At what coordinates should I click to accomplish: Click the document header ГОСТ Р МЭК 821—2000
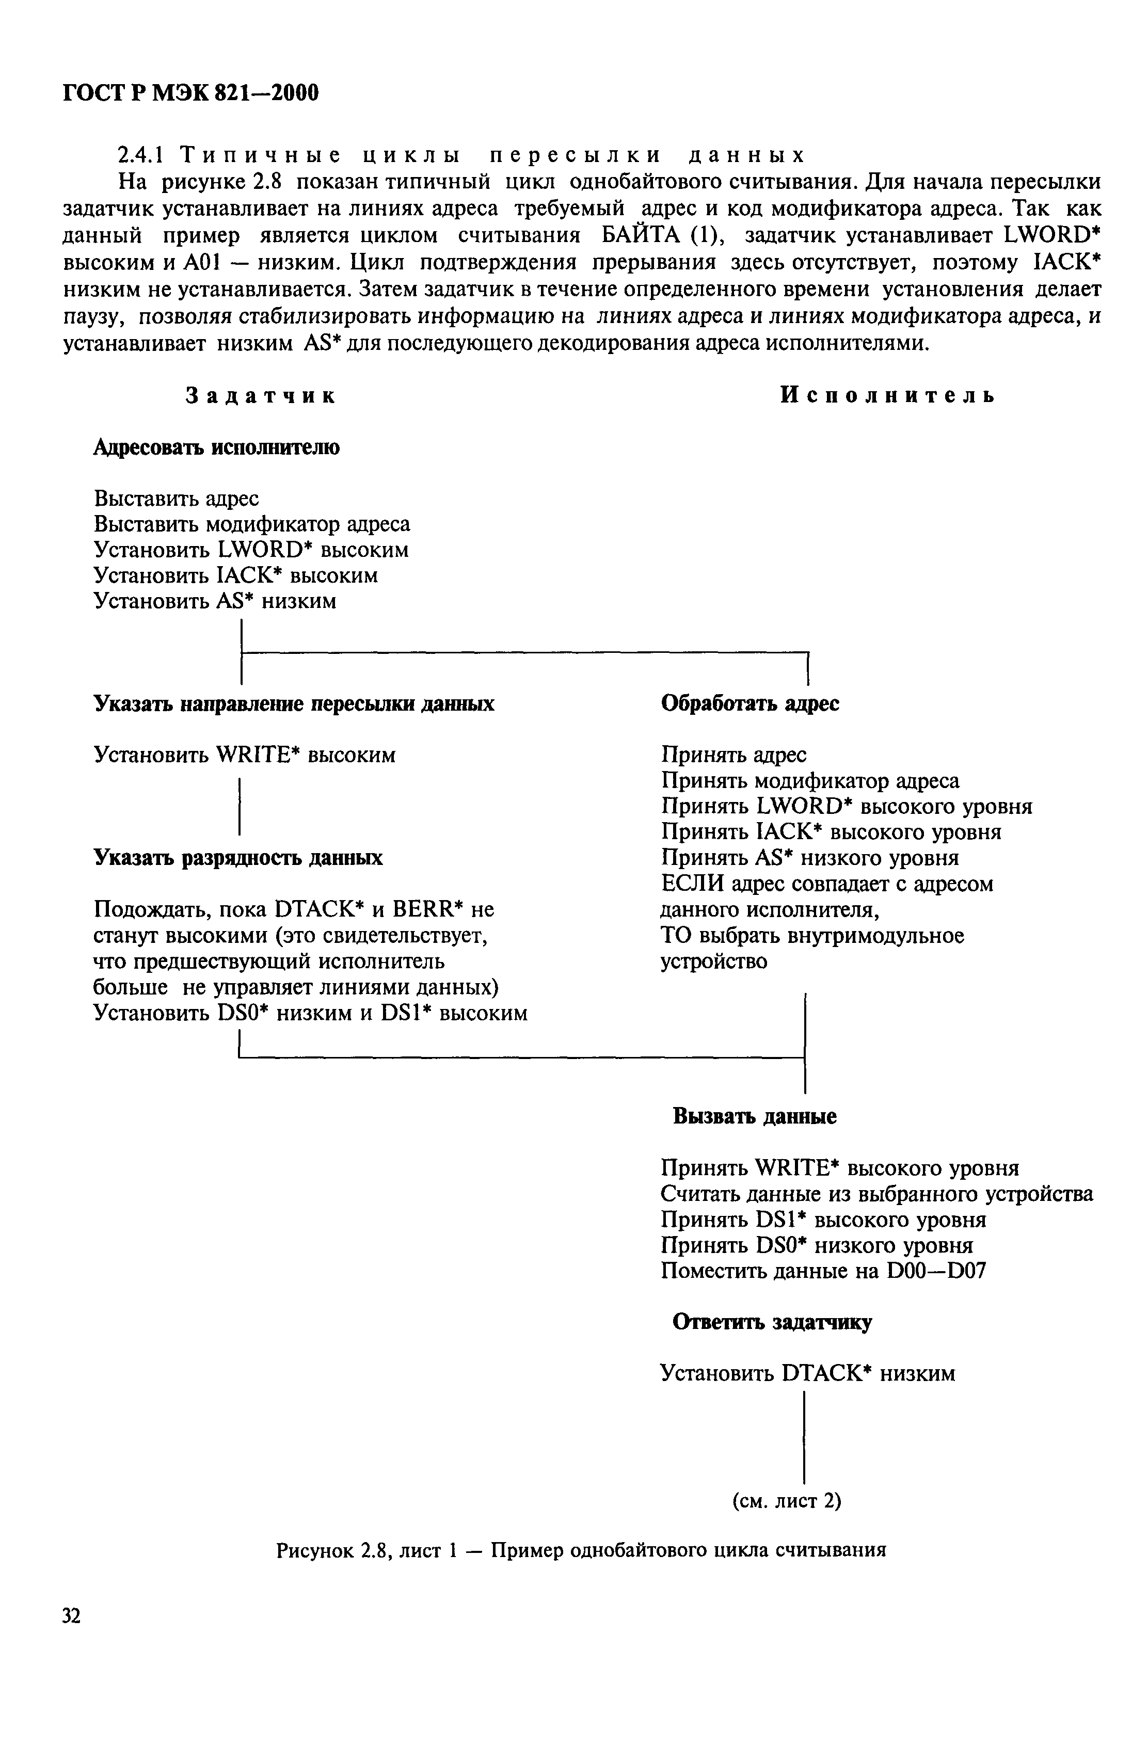pyautogui.click(x=191, y=93)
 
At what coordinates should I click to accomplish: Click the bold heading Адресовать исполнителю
pyautogui.click(x=217, y=447)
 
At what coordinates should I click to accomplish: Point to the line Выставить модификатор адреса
pyautogui.click(x=252, y=524)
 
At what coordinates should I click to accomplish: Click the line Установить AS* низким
pyautogui.click(x=215, y=602)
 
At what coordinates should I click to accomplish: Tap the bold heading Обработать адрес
pyautogui.click(x=750, y=703)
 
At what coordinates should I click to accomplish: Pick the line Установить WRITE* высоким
pyautogui.click(x=245, y=755)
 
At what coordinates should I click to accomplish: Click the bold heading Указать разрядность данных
pyautogui.click(x=238, y=858)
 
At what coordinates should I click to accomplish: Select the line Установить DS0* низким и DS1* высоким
pyautogui.click(x=311, y=1014)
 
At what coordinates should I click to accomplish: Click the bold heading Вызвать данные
pyautogui.click(x=754, y=1117)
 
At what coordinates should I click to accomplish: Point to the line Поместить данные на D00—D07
pyautogui.click(x=823, y=1271)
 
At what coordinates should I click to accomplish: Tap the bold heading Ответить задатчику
pyautogui.click(x=773, y=1323)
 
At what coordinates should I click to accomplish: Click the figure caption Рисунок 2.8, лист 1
pyautogui.click(x=580, y=1550)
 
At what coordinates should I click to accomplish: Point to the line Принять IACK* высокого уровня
pyautogui.click(x=831, y=832)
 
